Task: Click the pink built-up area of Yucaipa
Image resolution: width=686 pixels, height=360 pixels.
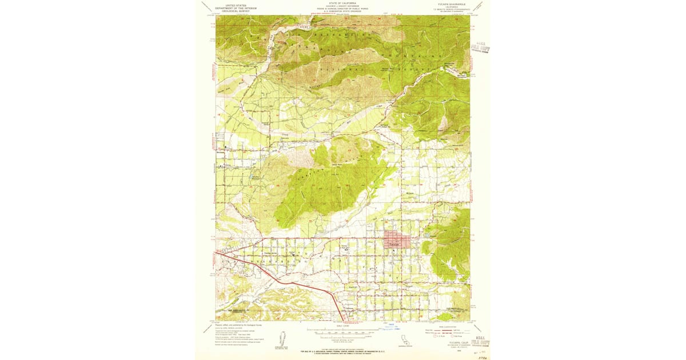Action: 399,240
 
